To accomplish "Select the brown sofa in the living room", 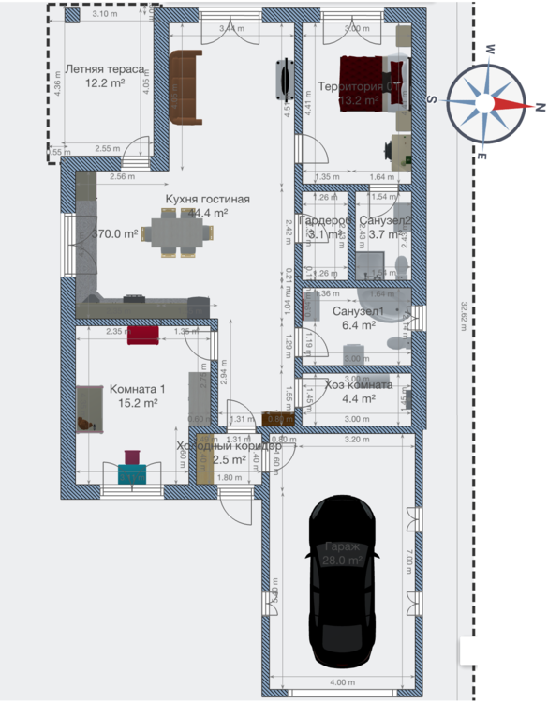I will coord(185,86).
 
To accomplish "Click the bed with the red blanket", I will coord(373,83).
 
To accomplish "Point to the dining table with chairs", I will coord(173,232).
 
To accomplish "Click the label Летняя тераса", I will coord(104,69).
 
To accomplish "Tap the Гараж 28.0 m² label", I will coord(343,553).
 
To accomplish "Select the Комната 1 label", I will coord(137,389).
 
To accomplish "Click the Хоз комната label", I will coord(358,384).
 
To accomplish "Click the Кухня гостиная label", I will coord(208,199).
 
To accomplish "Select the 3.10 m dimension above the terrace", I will coord(105,15).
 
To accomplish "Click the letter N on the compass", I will coord(540,104).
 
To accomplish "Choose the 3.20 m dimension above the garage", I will coord(351,439).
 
